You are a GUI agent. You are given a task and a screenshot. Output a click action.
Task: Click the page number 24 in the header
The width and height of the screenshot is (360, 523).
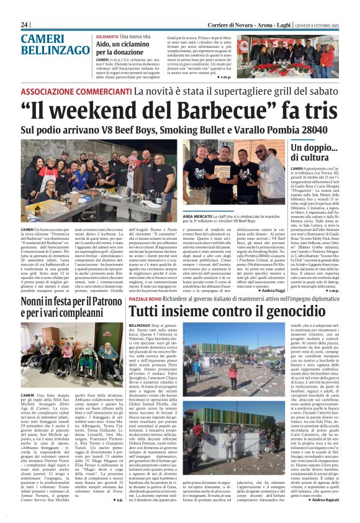click(25, 24)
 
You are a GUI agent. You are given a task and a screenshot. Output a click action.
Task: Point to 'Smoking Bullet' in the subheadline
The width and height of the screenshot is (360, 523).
click(203, 129)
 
